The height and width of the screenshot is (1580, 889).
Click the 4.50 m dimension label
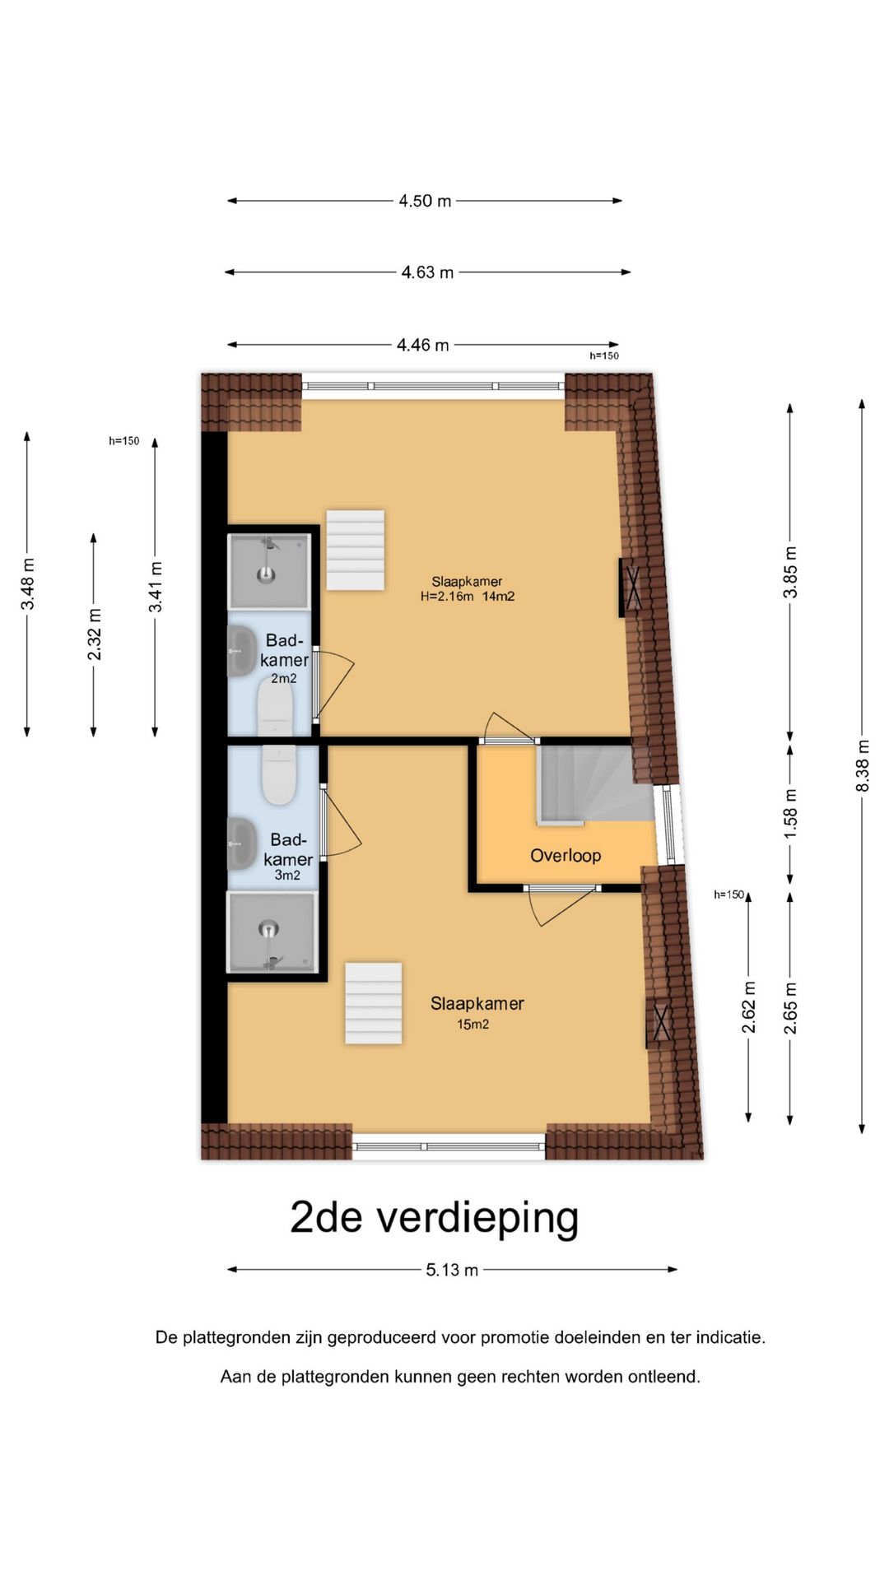[x=425, y=201]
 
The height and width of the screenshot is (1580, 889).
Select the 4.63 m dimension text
[x=427, y=272]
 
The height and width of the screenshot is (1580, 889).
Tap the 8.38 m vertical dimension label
[x=862, y=766]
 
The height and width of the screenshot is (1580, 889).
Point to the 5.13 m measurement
[x=452, y=1270]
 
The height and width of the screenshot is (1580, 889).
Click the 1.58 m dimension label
[x=790, y=814]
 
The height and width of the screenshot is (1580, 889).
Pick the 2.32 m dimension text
[x=95, y=634]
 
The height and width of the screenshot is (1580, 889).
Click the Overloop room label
[x=566, y=856]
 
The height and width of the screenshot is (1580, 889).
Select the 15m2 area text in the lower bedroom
[x=473, y=1025]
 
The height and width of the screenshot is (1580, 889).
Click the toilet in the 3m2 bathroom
[x=278, y=774]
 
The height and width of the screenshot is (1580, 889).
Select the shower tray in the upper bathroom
[x=268, y=571]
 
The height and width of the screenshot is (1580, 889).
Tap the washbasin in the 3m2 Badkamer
[x=241, y=843]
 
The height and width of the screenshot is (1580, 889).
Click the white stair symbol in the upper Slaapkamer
[x=356, y=550]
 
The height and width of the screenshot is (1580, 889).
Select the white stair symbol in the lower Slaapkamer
[x=374, y=1003]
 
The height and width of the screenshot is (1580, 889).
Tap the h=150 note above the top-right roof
[x=603, y=355]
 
